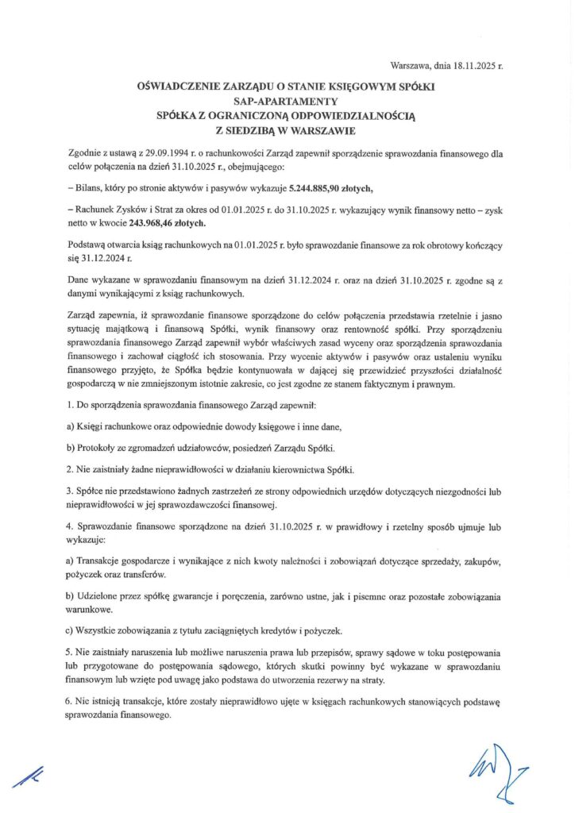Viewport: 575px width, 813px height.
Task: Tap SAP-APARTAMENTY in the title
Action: coord(287,101)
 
